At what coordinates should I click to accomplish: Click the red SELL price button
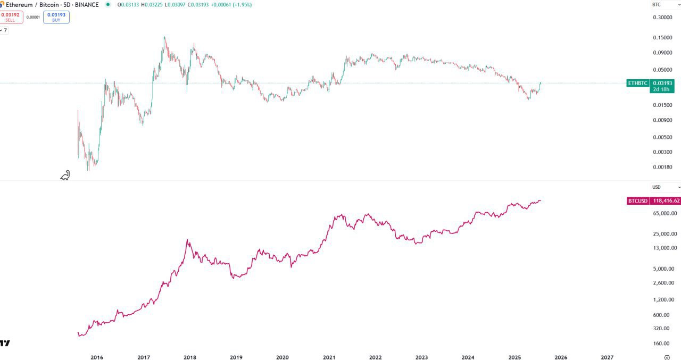click(10, 17)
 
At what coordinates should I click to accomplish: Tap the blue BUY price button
click(56, 17)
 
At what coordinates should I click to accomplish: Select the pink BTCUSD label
click(637, 201)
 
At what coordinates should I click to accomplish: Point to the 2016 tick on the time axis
click(97, 358)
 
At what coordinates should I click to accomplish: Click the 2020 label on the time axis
click(283, 358)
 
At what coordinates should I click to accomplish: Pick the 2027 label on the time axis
click(607, 358)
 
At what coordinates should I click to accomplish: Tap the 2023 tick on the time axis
click(421, 358)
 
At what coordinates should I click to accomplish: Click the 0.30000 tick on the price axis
click(662, 18)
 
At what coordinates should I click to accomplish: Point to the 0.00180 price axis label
click(662, 167)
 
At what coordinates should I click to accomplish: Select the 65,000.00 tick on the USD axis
click(665, 214)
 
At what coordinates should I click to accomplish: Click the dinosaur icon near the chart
click(65, 175)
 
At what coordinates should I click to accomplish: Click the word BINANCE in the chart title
click(87, 5)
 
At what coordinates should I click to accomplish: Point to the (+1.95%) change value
click(240, 5)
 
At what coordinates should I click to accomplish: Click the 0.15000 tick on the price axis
click(662, 38)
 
